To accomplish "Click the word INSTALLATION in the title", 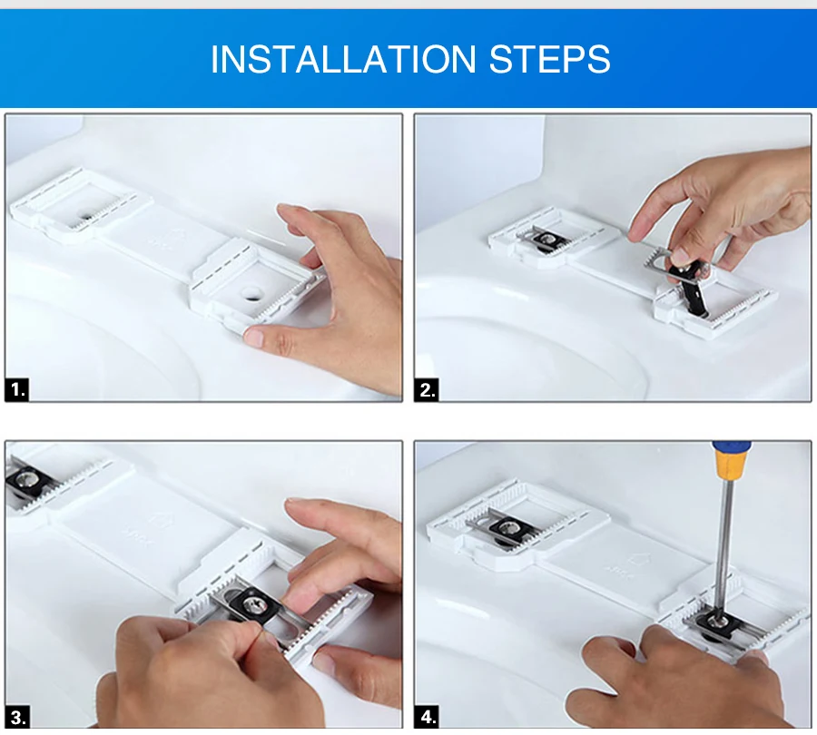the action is tap(343, 59).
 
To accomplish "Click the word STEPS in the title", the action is tap(549, 59).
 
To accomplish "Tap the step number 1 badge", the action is tap(17, 389).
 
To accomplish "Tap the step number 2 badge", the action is tap(427, 390).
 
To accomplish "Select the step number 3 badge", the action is tap(17, 717).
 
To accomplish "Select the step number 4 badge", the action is tap(427, 717).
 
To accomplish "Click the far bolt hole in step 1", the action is tap(85, 215).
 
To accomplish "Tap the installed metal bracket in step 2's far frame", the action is tap(544, 239).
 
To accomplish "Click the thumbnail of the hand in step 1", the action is tap(254, 337).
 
